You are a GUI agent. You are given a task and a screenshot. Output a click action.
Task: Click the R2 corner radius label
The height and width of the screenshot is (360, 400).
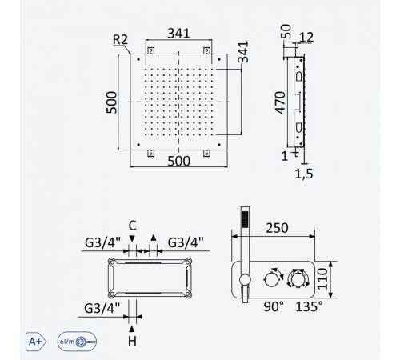point(120,40)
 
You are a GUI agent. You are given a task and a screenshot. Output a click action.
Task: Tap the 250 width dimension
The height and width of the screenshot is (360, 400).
point(277,228)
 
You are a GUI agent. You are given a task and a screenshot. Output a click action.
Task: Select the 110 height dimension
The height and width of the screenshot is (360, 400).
point(322,279)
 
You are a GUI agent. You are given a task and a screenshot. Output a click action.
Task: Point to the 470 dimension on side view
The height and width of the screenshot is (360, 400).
point(280,102)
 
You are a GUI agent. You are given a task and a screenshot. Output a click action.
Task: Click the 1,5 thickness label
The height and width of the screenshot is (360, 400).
point(304,174)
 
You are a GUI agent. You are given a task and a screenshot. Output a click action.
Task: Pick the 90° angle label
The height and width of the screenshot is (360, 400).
point(274,306)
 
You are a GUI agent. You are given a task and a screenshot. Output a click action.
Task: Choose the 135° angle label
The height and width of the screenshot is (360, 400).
point(310,306)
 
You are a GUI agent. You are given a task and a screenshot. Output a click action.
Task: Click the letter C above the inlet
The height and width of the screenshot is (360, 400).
point(133,226)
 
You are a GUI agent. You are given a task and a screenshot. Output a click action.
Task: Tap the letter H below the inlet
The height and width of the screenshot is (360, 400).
point(132,341)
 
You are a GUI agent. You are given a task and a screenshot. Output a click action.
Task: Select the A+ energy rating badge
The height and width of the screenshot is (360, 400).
point(36,342)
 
